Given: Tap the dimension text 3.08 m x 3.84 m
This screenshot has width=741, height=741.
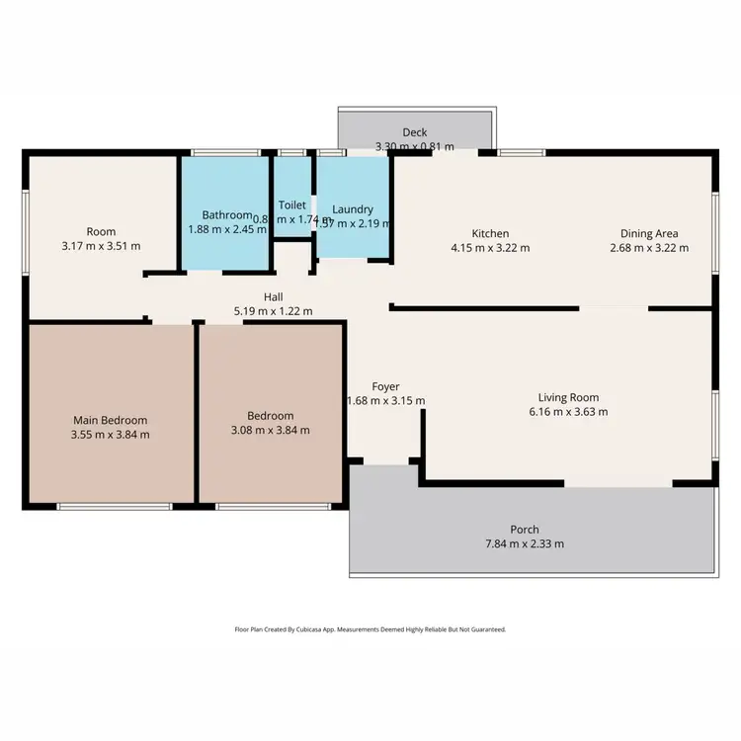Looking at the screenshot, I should click(270, 430).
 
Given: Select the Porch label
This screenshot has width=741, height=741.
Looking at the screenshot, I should click(525, 530).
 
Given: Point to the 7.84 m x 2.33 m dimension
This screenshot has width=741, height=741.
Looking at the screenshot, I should click(525, 543).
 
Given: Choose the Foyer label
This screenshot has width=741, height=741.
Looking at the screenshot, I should click(385, 386).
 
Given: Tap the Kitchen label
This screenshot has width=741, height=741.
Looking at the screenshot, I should click(490, 234).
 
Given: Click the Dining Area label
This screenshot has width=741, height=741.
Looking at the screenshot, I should click(649, 234).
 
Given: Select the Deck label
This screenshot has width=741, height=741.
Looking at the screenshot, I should click(414, 133).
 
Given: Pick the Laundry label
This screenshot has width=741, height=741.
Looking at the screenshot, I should click(353, 209).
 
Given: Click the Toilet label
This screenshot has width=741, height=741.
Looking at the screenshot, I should click(292, 205).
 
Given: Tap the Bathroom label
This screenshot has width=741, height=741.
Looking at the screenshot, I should click(227, 214).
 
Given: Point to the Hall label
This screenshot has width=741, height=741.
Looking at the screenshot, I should click(274, 297).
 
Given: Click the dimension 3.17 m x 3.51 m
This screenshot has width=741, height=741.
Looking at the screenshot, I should click(101, 246).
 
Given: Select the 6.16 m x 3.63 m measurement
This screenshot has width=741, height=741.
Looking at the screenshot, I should click(568, 412).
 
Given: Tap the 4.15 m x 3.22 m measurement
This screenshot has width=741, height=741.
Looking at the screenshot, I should click(490, 248).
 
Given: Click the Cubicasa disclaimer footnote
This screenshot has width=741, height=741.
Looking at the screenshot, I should click(370, 628).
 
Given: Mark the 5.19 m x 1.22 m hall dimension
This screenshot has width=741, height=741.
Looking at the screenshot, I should click(274, 311).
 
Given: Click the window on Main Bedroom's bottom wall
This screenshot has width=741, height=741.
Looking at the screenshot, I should click(114, 507).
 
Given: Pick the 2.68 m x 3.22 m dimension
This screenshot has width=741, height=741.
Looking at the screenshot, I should click(649, 248).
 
